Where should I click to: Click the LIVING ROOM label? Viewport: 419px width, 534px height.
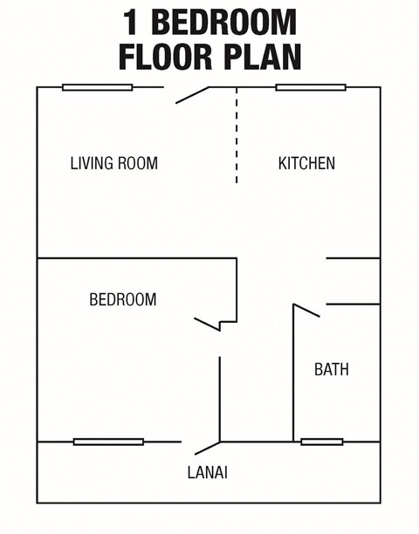click(x=114, y=163)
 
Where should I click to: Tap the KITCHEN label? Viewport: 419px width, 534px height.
click(x=306, y=163)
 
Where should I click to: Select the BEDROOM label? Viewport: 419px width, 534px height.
click(x=123, y=300)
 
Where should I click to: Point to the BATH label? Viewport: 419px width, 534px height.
click(x=332, y=370)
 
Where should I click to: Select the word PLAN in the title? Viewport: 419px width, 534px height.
click(x=262, y=55)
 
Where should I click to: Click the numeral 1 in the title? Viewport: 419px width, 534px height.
click(x=130, y=21)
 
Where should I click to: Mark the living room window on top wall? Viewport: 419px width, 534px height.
click(x=98, y=87)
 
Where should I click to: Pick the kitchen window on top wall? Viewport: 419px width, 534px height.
click(x=311, y=87)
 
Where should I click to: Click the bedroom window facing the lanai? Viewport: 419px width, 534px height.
click(x=108, y=442)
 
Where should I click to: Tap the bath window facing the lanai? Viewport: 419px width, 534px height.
click(x=322, y=442)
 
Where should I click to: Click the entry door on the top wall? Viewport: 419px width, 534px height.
click(x=192, y=95)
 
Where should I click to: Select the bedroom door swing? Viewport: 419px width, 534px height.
click(x=207, y=324)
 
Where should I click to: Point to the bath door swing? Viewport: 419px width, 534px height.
click(x=306, y=310)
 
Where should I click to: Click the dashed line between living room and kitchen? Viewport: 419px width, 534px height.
click(x=237, y=135)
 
